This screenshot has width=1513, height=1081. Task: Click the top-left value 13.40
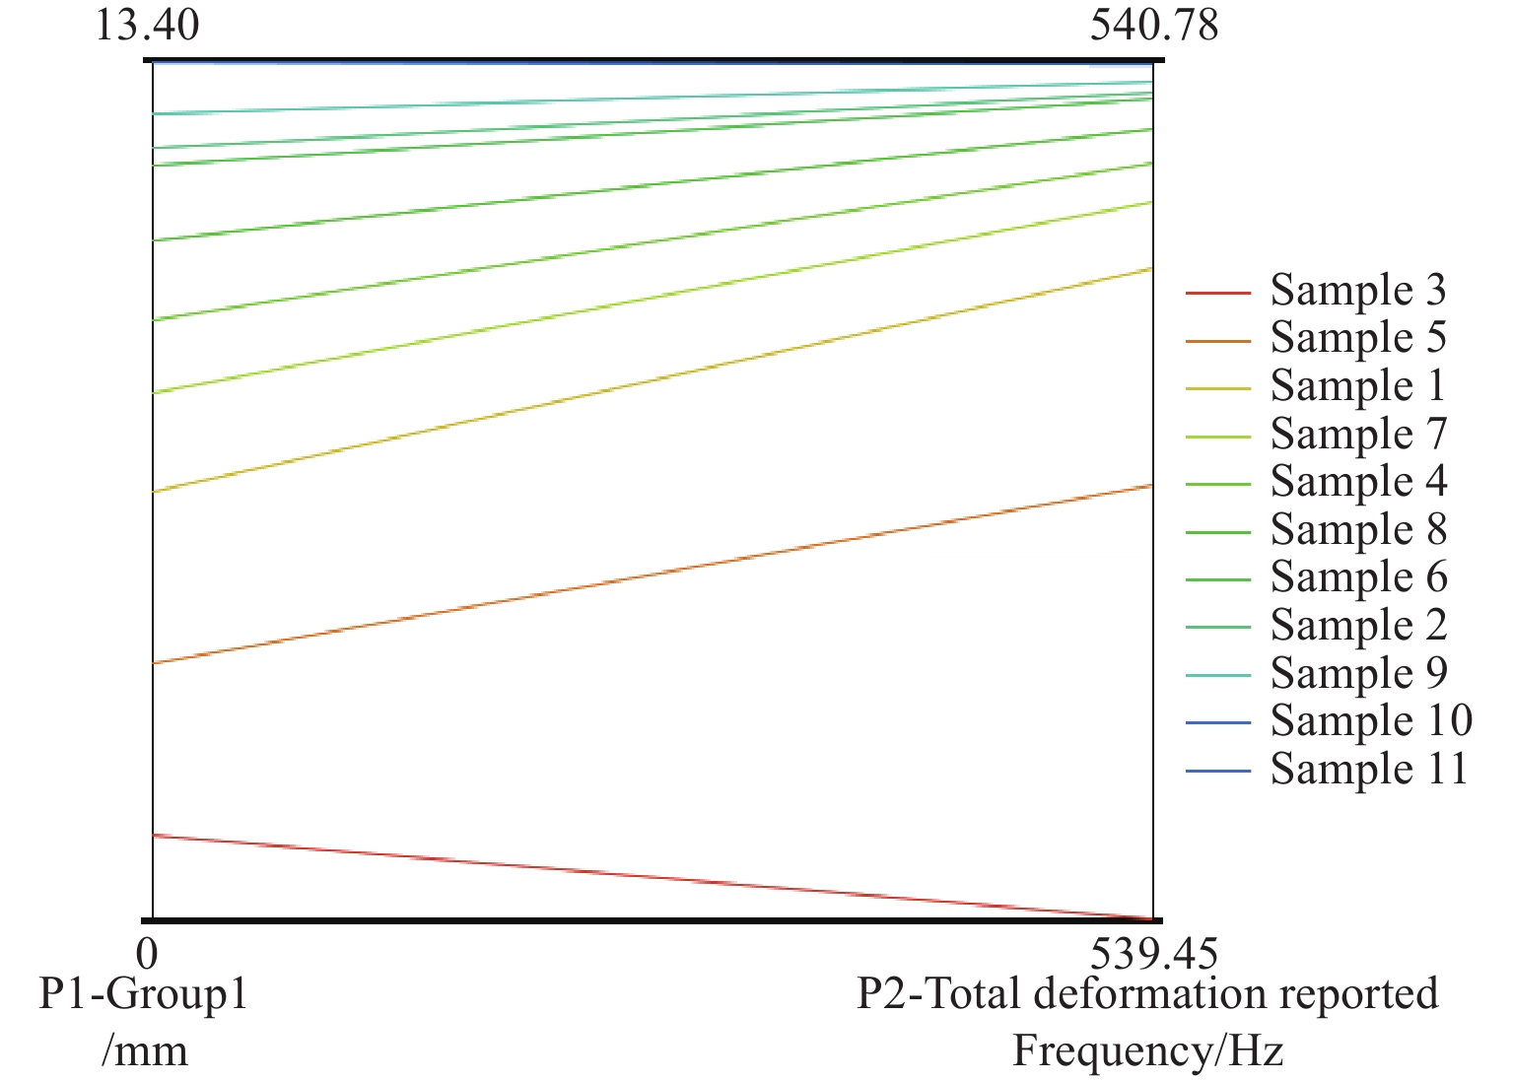point(147,24)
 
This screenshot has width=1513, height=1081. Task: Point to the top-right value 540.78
point(1153,24)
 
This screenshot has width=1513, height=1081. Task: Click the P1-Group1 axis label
point(144,993)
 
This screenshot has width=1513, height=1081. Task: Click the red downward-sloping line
point(651,877)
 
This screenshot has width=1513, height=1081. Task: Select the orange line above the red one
point(651,575)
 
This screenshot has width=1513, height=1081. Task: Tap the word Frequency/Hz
point(1147,1050)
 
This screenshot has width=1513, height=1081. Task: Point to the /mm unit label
point(144,1050)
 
